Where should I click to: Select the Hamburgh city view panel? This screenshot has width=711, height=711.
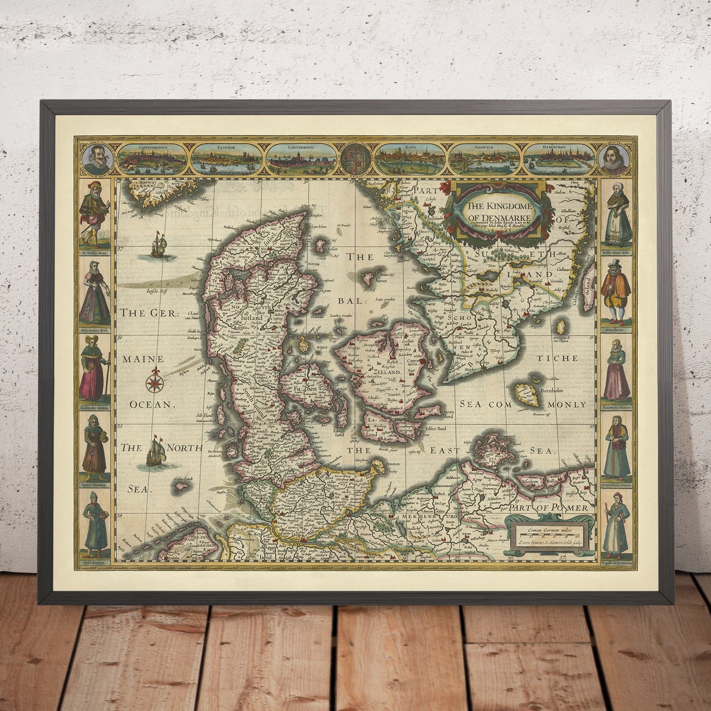coord(560,158)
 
